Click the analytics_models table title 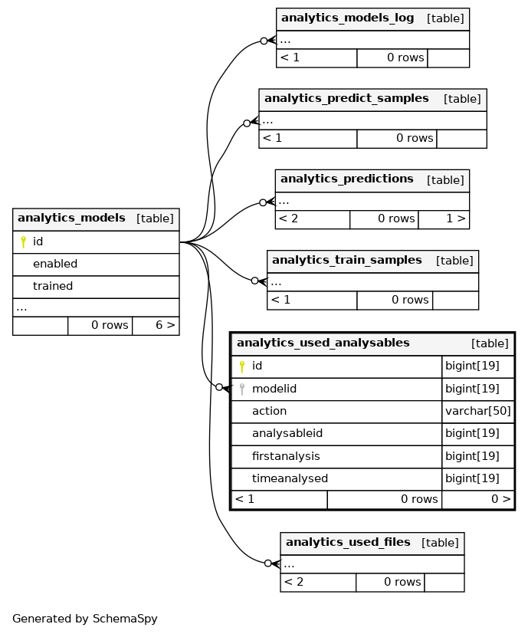point(71,218)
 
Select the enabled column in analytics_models point(55,264)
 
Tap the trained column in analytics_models point(53,286)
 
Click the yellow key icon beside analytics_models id point(24,241)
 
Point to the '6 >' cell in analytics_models point(166,325)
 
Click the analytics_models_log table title point(347,18)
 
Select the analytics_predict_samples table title point(346,98)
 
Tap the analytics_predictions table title point(347,179)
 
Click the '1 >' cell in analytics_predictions point(456,218)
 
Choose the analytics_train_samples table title point(347,260)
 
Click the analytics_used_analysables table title point(323,343)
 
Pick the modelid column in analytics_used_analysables point(274,389)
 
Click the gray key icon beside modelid point(241,389)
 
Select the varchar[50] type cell point(478,411)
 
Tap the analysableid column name point(287,433)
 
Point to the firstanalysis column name point(286,456)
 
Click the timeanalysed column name point(290,478)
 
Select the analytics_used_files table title point(348,542)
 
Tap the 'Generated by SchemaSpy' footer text point(85,619)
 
